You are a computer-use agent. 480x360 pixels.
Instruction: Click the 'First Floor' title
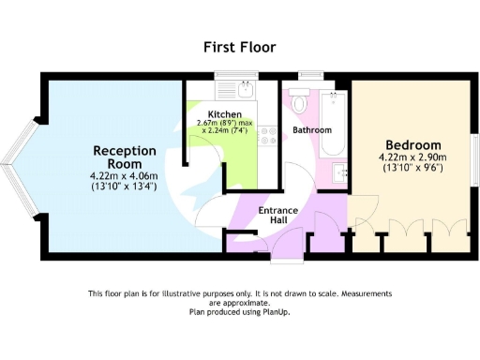click(x=239, y=47)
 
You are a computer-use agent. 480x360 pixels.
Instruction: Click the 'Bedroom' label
click(x=411, y=145)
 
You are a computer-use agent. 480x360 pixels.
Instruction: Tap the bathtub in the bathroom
click(x=333, y=125)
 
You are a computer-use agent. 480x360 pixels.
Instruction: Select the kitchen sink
click(x=245, y=91)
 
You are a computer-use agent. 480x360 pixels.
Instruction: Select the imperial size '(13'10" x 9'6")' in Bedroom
click(x=411, y=169)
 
